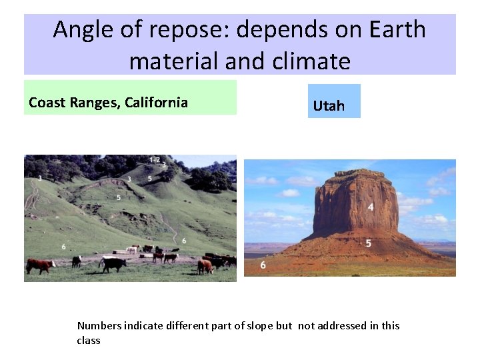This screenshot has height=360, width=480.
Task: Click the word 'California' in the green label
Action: coord(157,103)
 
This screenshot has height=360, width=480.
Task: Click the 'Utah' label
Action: coord(329,106)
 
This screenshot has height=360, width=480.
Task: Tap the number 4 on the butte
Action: coord(371,207)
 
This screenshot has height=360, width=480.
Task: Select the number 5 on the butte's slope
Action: coord(369,243)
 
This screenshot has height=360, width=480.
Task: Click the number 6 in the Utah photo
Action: coord(263,265)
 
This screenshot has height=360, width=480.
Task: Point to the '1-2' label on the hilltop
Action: coord(154,160)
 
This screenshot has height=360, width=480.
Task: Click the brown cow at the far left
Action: coord(41,265)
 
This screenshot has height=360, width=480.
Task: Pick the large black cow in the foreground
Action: coord(113,264)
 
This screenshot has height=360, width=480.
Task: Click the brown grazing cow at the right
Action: coord(205,266)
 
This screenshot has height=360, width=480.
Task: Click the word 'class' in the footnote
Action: coord(89,340)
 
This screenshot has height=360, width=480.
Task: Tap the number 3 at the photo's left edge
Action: coord(40,179)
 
